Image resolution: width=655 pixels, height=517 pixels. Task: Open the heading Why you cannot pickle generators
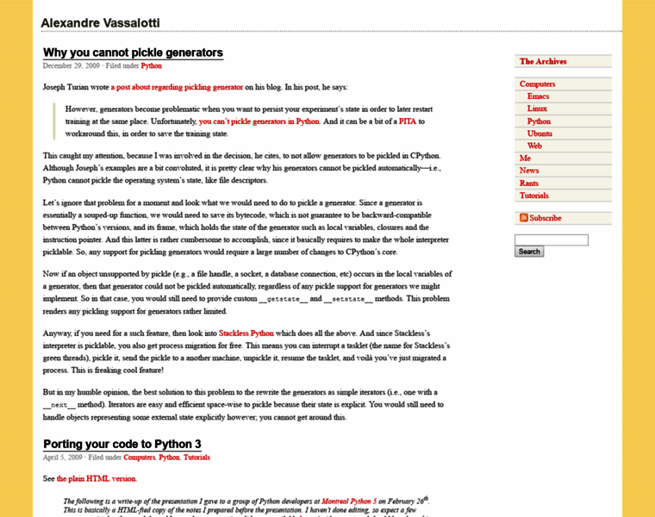click(133, 53)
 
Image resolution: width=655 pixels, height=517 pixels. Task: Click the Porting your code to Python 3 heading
click(122, 445)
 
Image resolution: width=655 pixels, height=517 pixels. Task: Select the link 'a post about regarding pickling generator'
click(177, 87)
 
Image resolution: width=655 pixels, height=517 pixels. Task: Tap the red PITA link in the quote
click(407, 122)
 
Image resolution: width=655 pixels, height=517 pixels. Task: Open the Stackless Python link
click(246, 333)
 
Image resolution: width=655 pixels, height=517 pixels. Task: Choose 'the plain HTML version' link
click(97, 478)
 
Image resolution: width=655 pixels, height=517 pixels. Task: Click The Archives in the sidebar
click(543, 61)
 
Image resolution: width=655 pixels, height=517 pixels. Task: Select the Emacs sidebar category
click(538, 97)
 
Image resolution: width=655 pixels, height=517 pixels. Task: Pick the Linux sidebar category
click(537, 109)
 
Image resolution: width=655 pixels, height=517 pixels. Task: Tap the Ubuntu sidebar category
click(540, 134)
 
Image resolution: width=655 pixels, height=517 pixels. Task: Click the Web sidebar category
click(534, 146)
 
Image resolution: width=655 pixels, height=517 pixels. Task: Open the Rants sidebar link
click(528, 183)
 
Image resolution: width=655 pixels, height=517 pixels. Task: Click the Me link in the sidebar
click(525, 159)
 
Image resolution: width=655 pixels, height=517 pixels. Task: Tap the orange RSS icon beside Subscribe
click(523, 218)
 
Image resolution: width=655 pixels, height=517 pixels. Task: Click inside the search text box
click(552, 240)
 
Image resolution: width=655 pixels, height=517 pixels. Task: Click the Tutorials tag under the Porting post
click(196, 458)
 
